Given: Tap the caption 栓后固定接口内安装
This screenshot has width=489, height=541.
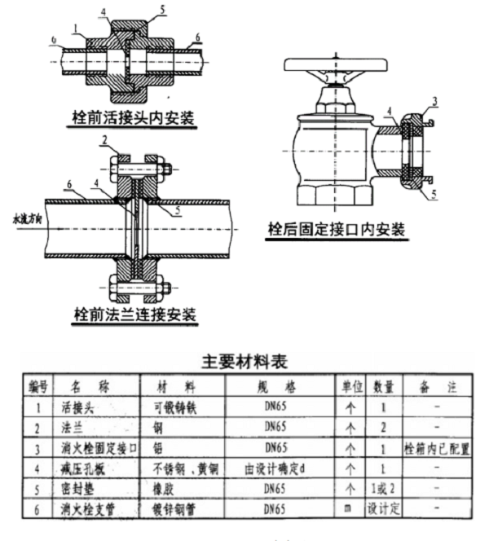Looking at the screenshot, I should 337,230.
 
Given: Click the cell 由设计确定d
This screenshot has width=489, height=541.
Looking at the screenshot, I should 275,468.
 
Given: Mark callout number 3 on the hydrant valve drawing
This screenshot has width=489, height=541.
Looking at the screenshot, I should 434,100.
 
